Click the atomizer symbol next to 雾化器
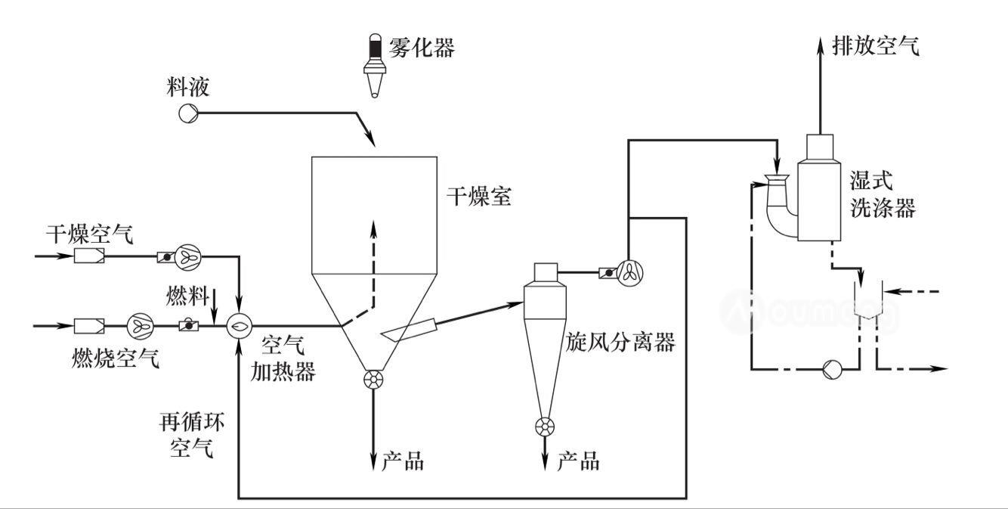click(374, 66)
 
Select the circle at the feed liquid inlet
click(187, 113)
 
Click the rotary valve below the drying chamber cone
click(373, 380)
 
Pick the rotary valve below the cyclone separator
click(543, 427)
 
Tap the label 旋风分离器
click(620, 343)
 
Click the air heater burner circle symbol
click(239, 326)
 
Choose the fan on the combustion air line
click(138, 326)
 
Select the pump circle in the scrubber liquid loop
click(831, 369)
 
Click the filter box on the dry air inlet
click(88, 257)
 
